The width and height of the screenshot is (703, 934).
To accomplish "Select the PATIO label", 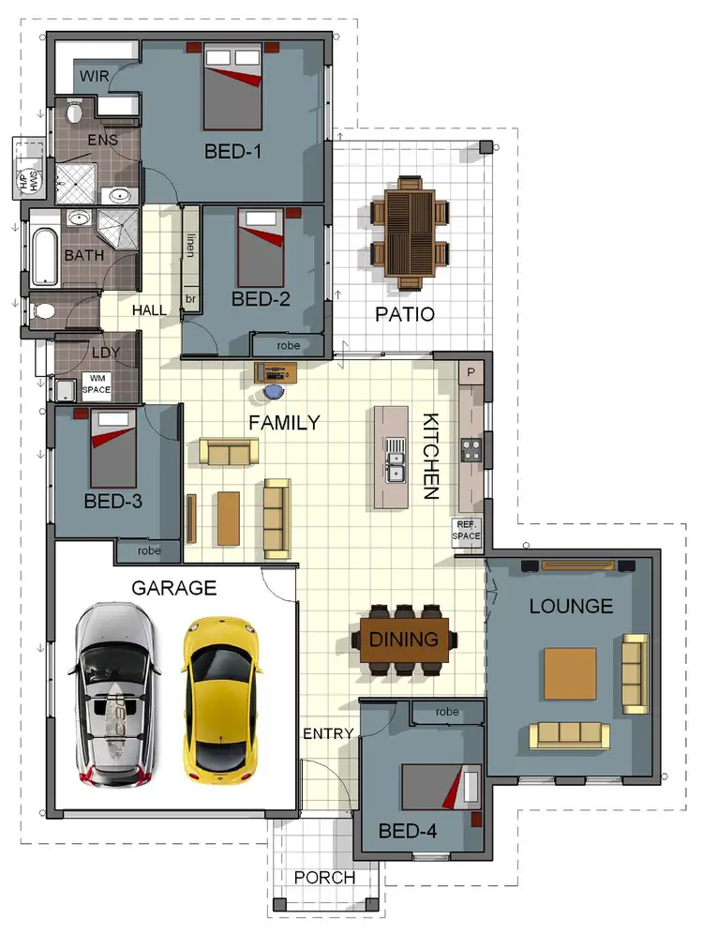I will [404, 314].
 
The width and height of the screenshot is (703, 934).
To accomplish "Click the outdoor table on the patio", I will [410, 231].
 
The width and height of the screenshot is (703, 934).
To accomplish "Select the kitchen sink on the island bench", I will [396, 466].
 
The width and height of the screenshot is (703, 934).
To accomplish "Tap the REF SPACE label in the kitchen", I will [468, 531].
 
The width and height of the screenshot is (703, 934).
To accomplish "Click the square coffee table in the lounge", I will [570, 673].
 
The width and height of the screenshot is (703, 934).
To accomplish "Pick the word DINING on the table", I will [404, 640].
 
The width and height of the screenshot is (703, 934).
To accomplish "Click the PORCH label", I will [324, 878].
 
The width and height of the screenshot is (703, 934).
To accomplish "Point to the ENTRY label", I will [328, 733].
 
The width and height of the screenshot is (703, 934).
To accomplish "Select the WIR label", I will [94, 76].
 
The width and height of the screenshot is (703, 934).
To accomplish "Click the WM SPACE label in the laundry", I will [96, 384].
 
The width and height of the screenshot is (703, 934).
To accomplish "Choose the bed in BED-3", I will [113, 446].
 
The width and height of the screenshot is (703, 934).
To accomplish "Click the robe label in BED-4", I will [447, 712].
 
